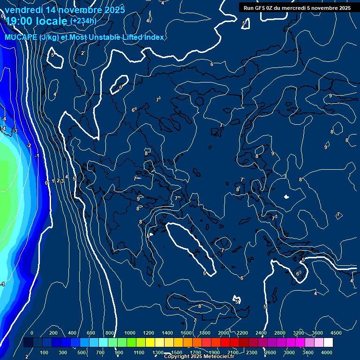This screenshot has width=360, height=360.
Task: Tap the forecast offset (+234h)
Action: [83, 21]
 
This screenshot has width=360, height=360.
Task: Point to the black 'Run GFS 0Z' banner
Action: [297, 7]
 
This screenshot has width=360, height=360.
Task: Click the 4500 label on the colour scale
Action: [336, 333]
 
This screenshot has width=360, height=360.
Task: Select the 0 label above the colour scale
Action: [32, 333]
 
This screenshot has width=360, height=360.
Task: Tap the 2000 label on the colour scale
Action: [224, 333]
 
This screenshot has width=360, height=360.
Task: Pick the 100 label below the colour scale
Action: [45, 352]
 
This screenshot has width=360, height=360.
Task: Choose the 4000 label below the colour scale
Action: [327, 352]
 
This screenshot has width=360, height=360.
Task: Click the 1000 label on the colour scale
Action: [130, 333]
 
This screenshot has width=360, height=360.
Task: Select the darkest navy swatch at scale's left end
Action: [28, 343]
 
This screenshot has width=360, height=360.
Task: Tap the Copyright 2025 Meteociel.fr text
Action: [199, 357]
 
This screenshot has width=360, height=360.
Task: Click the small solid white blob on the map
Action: [286, 196]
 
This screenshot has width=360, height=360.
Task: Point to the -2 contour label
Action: [29, 146]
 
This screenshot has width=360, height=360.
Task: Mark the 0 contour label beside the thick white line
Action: [46, 183]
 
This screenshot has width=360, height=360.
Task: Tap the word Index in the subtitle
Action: [152, 37]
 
